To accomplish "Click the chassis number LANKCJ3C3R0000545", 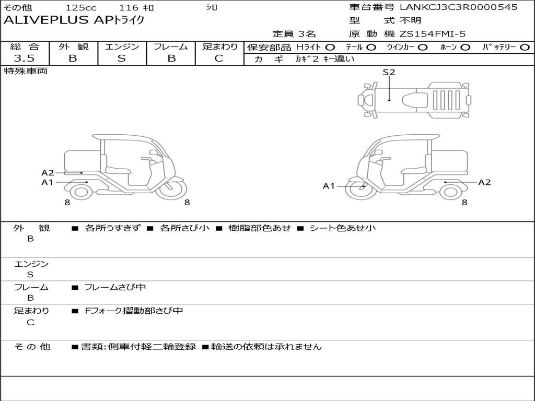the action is point(458,7).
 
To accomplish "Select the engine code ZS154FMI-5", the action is point(433,34).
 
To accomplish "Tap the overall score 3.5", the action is point(24,58).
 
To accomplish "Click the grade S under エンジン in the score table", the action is point(121,58).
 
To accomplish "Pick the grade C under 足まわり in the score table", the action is point(219,58).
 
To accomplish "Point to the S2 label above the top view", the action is point(389,73).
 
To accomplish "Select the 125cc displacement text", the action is point(81,8).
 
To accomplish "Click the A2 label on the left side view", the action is point(48,173).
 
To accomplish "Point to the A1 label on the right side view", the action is point(329,186).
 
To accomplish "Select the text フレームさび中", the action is point(115,287).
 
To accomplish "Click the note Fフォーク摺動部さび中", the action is point(134,311).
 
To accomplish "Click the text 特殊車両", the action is point(25,71).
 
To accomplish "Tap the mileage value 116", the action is point(129,8).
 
